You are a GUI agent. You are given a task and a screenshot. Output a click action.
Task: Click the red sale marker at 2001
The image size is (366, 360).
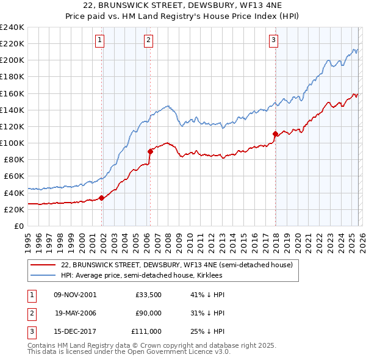tap(102, 197)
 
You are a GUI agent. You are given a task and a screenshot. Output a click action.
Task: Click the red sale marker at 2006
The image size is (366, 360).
tap(150, 151)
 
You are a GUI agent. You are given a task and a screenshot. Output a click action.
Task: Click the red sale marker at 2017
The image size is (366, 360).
tap(275, 134)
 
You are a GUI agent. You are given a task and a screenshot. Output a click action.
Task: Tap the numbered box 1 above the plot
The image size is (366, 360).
tap(99, 41)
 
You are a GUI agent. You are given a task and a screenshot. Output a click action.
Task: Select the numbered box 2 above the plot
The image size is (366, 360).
tap(148, 41)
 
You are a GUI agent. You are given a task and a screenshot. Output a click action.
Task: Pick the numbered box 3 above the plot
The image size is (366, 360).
tap(273, 41)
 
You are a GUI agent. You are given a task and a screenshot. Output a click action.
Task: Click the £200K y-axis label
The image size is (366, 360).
tap(12, 60)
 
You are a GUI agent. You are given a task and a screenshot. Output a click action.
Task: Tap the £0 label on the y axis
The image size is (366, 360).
tap(18, 226)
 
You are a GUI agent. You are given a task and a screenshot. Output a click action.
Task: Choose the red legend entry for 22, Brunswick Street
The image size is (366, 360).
tap(177, 265)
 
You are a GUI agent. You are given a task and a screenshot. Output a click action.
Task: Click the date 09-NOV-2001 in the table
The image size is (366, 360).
tap(75, 295)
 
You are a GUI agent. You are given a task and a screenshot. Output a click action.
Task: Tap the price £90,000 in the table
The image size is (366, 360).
tap(148, 313)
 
